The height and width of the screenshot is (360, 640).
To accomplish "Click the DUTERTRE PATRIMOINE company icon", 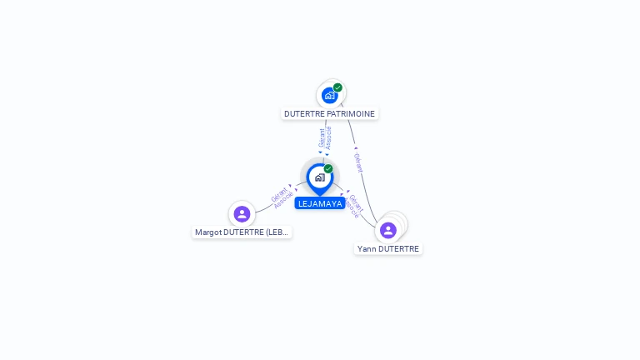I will click(x=330, y=96).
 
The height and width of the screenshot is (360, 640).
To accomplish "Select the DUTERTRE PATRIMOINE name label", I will click(x=330, y=113).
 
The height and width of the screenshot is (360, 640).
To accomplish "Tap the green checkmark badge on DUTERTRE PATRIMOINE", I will click(x=337, y=87).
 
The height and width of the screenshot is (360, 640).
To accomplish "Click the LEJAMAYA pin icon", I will click(x=319, y=177).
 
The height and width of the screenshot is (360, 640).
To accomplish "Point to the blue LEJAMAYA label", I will click(x=320, y=203).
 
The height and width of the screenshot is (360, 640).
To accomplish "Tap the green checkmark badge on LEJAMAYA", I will click(x=328, y=169).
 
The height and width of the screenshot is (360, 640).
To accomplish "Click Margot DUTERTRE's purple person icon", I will click(x=242, y=214).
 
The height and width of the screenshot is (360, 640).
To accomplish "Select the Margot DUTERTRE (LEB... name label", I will click(x=242, y=232).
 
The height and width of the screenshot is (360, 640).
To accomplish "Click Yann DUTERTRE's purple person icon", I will click(x=387, y=230).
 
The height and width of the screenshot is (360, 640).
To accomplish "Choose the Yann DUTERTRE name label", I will click(x=388, y=248).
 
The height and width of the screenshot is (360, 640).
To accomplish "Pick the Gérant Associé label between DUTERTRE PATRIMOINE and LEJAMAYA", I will click(x=325, y=137).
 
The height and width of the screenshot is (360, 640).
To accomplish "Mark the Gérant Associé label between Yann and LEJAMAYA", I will click(x=355, y=205).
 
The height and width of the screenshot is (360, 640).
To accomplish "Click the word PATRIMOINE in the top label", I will click(x=351, y=113).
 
